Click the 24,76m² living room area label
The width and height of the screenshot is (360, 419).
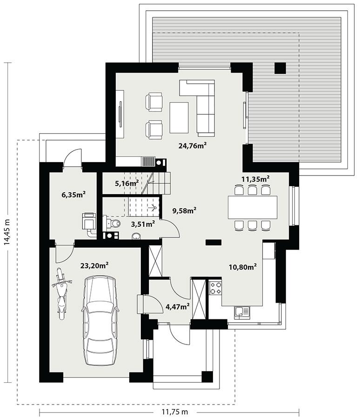pos(192,145)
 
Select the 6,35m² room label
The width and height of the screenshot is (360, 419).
pos(73,195)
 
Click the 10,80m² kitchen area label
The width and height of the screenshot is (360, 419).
pos(243,267)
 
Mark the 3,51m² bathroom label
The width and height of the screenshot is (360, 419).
pos(143,224)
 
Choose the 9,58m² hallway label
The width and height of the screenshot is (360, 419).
pos(184,210)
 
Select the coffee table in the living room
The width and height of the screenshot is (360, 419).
pos(179,117)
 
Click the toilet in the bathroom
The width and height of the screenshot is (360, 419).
pos(114,225)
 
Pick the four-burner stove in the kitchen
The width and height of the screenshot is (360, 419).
pos(215,288)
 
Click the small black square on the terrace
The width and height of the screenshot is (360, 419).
pos(280,68)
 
